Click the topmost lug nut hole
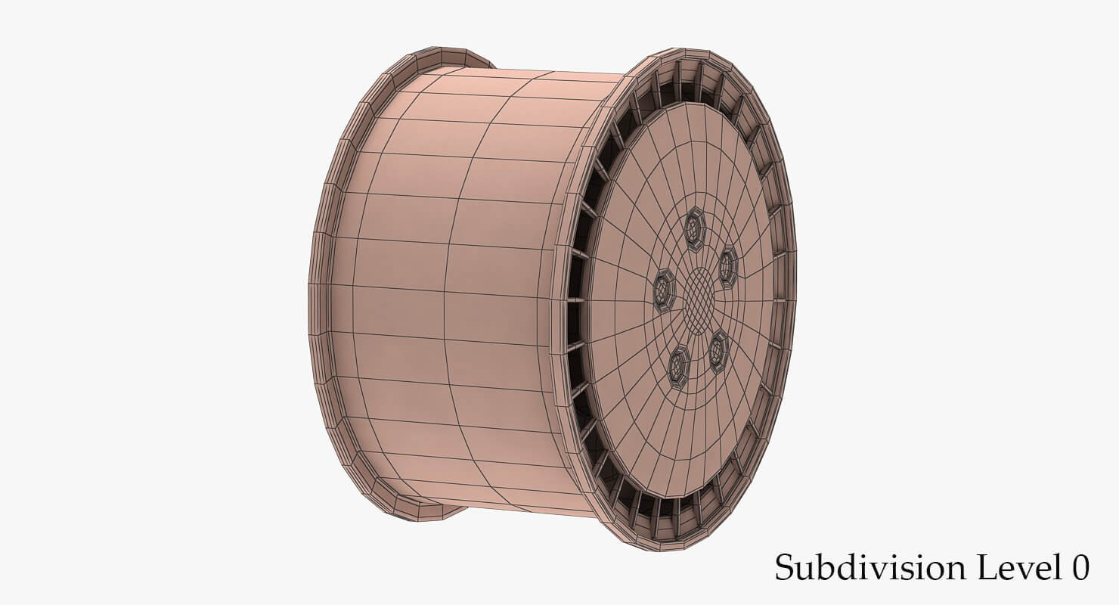click(x=694, y=228)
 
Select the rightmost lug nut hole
click(x=727, y=267)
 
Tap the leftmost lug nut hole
click(x=664, y=290)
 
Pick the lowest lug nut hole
click(x=677, y=368)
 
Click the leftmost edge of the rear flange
click(x=312, y=302)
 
